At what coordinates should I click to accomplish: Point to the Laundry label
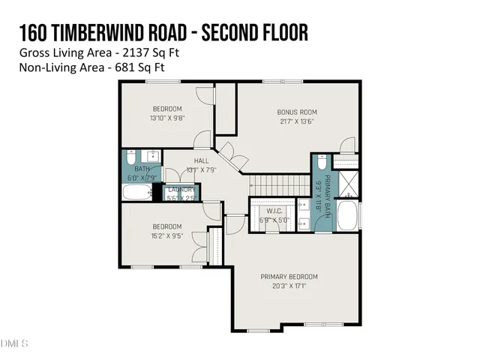pos(181,189)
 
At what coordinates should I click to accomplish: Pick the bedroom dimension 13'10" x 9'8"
pos(167,118)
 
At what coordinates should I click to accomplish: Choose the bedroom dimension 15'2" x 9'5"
pos(167,235)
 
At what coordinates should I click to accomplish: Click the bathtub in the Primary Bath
pos(347,215)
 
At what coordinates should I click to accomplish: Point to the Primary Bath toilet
pos(321,163)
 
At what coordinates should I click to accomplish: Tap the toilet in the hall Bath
pos(131,158)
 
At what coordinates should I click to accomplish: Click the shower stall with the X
pos(346,182)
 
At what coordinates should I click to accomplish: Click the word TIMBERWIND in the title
pos(97,34)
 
